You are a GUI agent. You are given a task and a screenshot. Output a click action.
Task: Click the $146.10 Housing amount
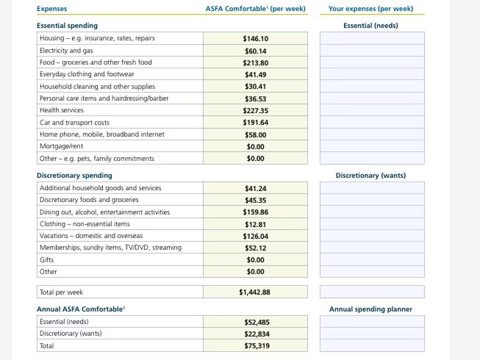(255, 38)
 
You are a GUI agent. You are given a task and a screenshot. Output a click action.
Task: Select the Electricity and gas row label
(66, 51)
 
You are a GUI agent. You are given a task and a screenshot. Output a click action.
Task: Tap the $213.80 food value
(255, 63)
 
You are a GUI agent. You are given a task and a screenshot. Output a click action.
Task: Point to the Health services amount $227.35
(255, 111)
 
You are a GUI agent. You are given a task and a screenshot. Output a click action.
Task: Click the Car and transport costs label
(75, 122)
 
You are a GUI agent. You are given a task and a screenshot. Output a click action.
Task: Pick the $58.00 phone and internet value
(255, 135)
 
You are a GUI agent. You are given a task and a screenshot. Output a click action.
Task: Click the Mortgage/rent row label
(61, 146)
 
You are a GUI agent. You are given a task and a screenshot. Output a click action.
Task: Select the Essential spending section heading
(67, 25)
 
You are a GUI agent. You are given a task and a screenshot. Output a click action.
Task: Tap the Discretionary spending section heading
(75, 175)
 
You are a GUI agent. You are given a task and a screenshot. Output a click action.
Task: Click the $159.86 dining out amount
(255, 212)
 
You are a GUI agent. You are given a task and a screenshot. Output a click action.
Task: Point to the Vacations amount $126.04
(255, 236)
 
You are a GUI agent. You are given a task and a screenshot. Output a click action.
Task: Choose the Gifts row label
(46, 260)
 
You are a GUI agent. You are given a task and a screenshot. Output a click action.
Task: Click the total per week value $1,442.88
(254, 292)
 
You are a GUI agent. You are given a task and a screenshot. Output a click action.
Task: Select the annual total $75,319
(257, 345)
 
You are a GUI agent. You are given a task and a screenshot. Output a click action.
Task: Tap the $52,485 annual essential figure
(257, 322)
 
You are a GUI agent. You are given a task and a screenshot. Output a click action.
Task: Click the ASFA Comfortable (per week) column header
(255, 8)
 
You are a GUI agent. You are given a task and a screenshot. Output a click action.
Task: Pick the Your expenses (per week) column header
(371, 8)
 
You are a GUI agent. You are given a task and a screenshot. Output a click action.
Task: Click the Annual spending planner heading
(371, 309)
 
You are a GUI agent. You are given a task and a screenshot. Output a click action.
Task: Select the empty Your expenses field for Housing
(372, 38)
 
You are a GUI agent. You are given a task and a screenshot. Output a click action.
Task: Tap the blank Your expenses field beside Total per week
(372, 292)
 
